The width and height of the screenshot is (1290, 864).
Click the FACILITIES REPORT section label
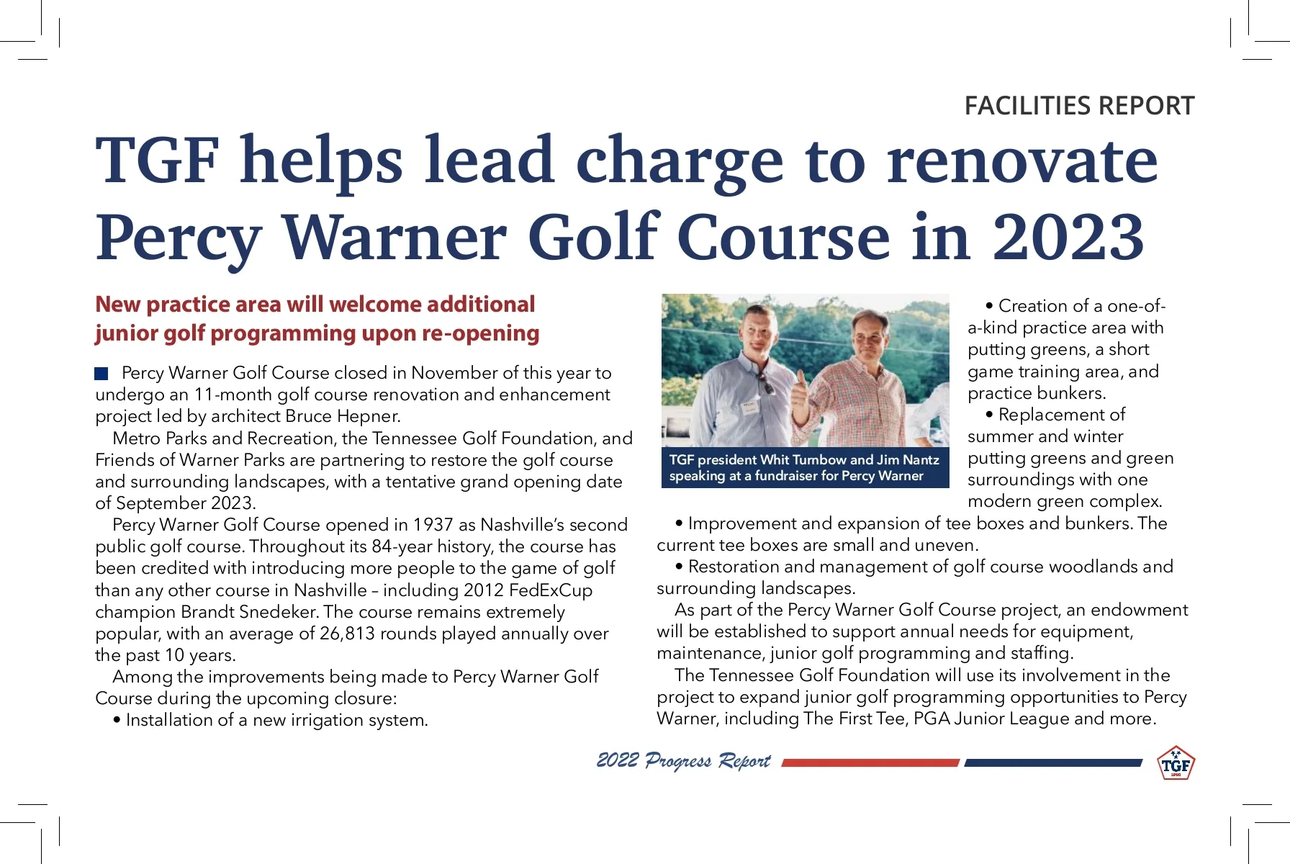click(1078, 106)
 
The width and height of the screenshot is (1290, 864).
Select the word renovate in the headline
click(1022, 160)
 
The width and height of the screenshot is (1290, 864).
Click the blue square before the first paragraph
click(102, 373)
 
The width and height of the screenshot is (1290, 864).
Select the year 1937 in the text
click(433, 525)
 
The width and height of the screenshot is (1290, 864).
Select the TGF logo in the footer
click(1175, 764)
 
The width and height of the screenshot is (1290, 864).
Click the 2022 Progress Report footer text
click(683, 761)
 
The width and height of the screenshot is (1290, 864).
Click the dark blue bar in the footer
click(1052, 762)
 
